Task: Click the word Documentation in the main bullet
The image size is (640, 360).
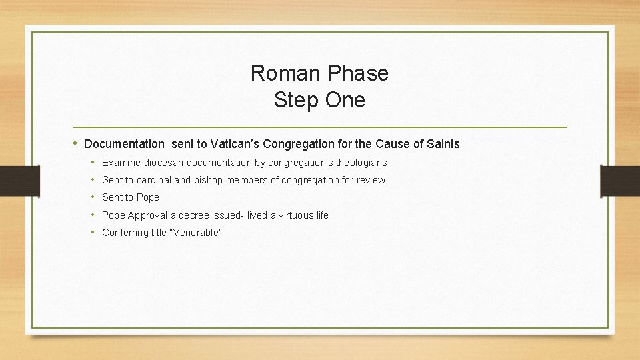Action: click(124, 144)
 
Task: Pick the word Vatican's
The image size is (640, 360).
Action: click(236, 144)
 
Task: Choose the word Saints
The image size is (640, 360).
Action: click(443, 144)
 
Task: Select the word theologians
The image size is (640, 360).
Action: click(361, 163)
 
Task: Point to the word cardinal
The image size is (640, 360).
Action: click(153, 180)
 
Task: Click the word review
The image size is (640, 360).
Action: click(370, 180)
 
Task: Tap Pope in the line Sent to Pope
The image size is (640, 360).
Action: click(148, 197)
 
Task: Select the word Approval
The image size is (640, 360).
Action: click(148, 215)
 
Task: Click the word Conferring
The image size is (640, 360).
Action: click(124, 233)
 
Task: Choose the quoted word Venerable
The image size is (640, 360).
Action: click(196, 233)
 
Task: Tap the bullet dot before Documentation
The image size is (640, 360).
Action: click(77, 144)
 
